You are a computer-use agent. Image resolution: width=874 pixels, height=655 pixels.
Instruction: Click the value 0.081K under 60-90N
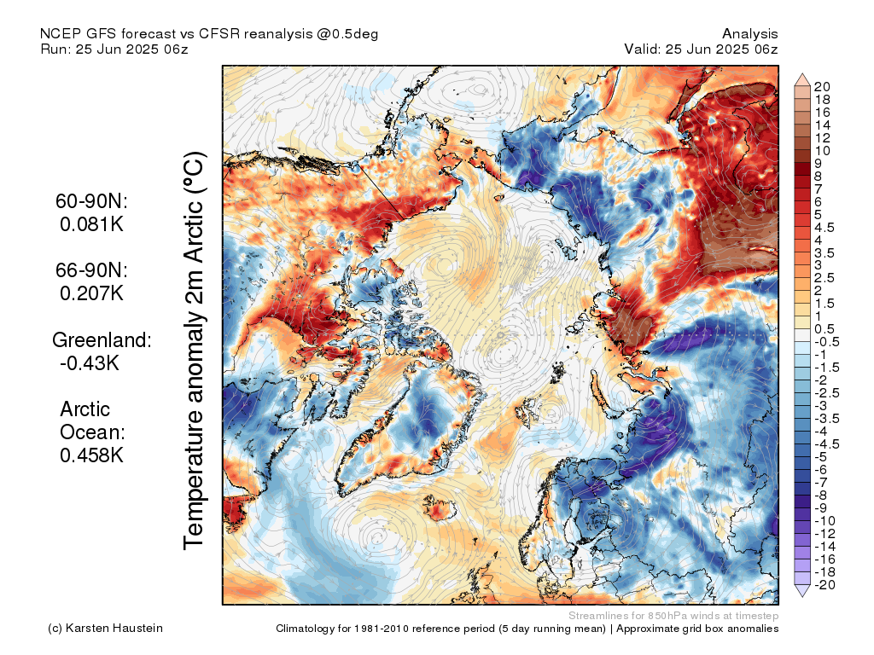tap(91, 224)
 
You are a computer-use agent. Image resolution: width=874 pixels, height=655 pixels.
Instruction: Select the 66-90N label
tap(91, 270)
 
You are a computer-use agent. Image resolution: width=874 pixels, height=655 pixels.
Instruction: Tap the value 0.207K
tap(91, 293)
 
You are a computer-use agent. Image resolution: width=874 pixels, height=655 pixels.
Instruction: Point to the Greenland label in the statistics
tap(102, 339)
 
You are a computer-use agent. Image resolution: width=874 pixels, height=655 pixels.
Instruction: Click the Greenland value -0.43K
tap(89, 363)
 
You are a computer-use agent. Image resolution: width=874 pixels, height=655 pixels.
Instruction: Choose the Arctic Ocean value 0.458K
tap(91, 455)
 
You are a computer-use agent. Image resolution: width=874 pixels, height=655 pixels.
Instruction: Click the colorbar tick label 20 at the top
tap(822, 87)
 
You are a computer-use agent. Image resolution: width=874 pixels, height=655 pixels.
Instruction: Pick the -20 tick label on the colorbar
tap(824, 585)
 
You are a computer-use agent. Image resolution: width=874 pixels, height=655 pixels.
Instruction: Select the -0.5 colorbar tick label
tap(826, 342)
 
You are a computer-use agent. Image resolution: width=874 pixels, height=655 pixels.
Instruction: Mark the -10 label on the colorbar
tap(824, 521)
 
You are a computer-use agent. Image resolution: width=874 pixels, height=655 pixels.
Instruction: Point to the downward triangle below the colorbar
tap(802, 591)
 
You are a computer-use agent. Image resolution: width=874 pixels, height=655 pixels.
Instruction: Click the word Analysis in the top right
tap(749, 34)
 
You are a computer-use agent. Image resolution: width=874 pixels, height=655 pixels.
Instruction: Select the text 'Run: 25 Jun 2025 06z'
tap(114, 49)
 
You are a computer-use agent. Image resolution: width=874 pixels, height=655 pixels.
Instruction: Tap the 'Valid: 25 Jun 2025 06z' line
tap(701, 49)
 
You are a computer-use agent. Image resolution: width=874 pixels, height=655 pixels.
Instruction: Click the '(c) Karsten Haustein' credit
tap(105, 629)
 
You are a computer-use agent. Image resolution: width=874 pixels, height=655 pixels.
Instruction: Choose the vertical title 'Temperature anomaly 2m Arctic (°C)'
tap(194, 351)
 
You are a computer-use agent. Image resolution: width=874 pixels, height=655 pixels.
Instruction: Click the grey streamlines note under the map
tap(673, 616)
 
